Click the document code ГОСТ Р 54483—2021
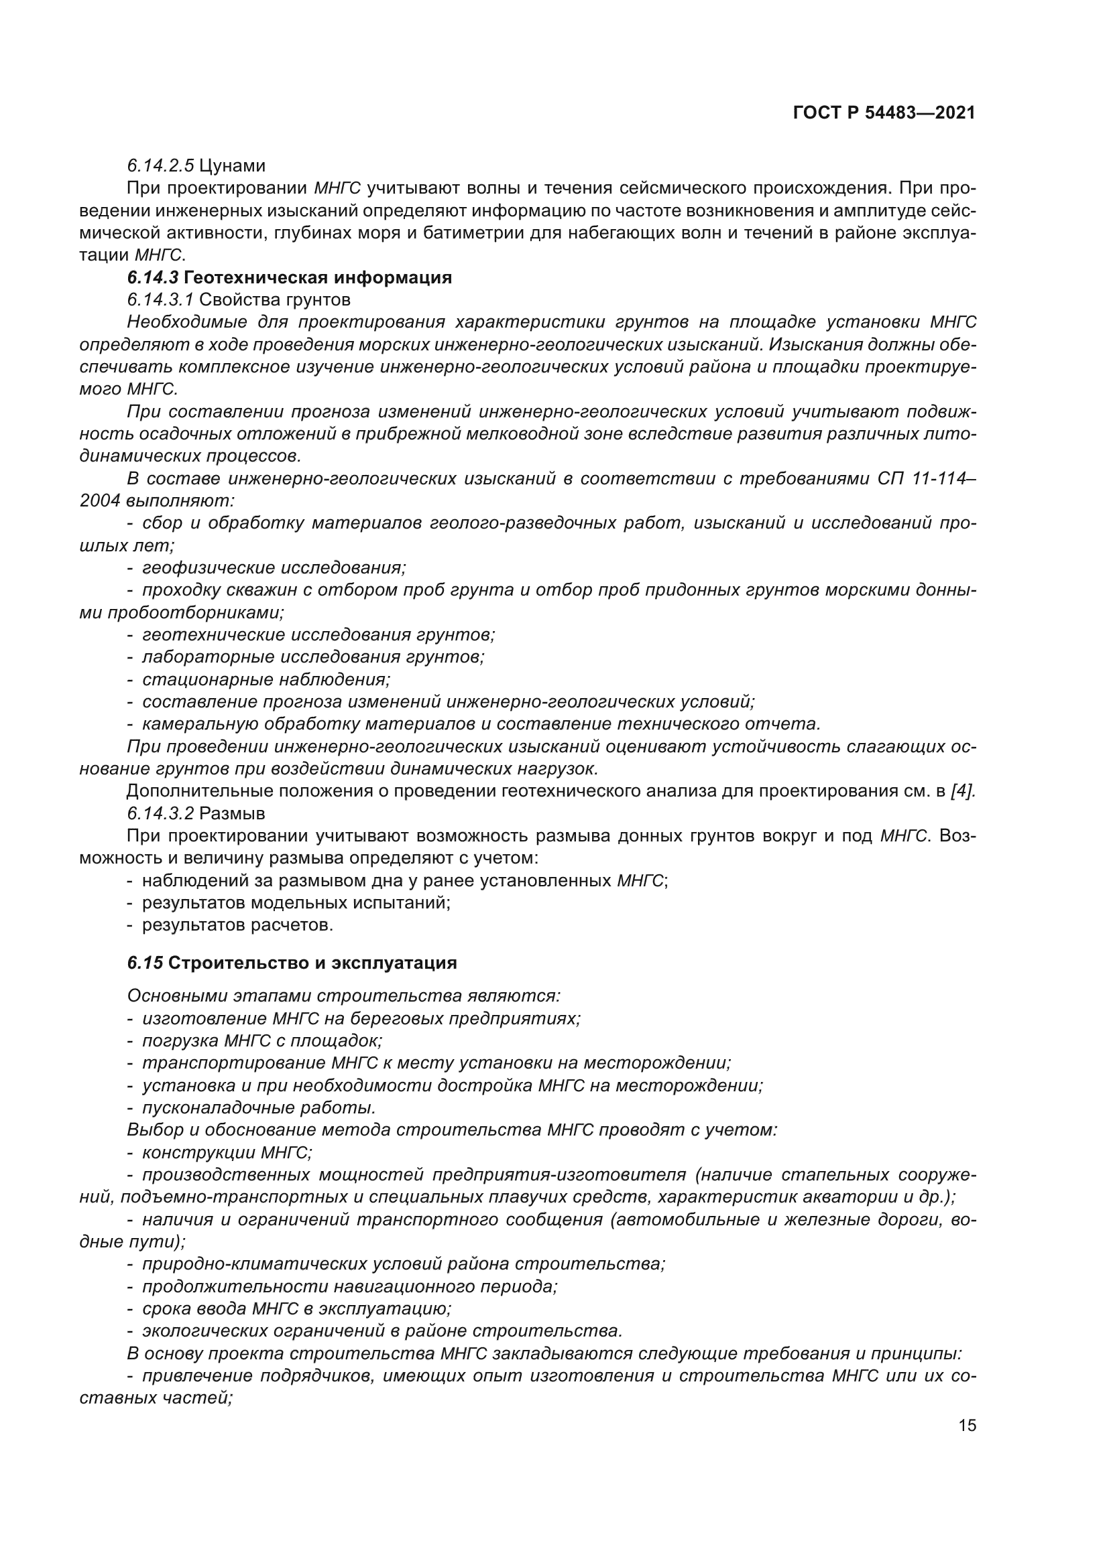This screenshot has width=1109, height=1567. click(x=884, y=113)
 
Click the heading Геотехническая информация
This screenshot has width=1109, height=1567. click(x=318, y=278)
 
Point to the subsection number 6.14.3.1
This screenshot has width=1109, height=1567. click(x=160, y=299)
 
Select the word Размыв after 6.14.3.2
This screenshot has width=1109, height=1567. click(x=232, y=813)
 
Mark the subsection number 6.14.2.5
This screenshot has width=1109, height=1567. click(x=160, y=166)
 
